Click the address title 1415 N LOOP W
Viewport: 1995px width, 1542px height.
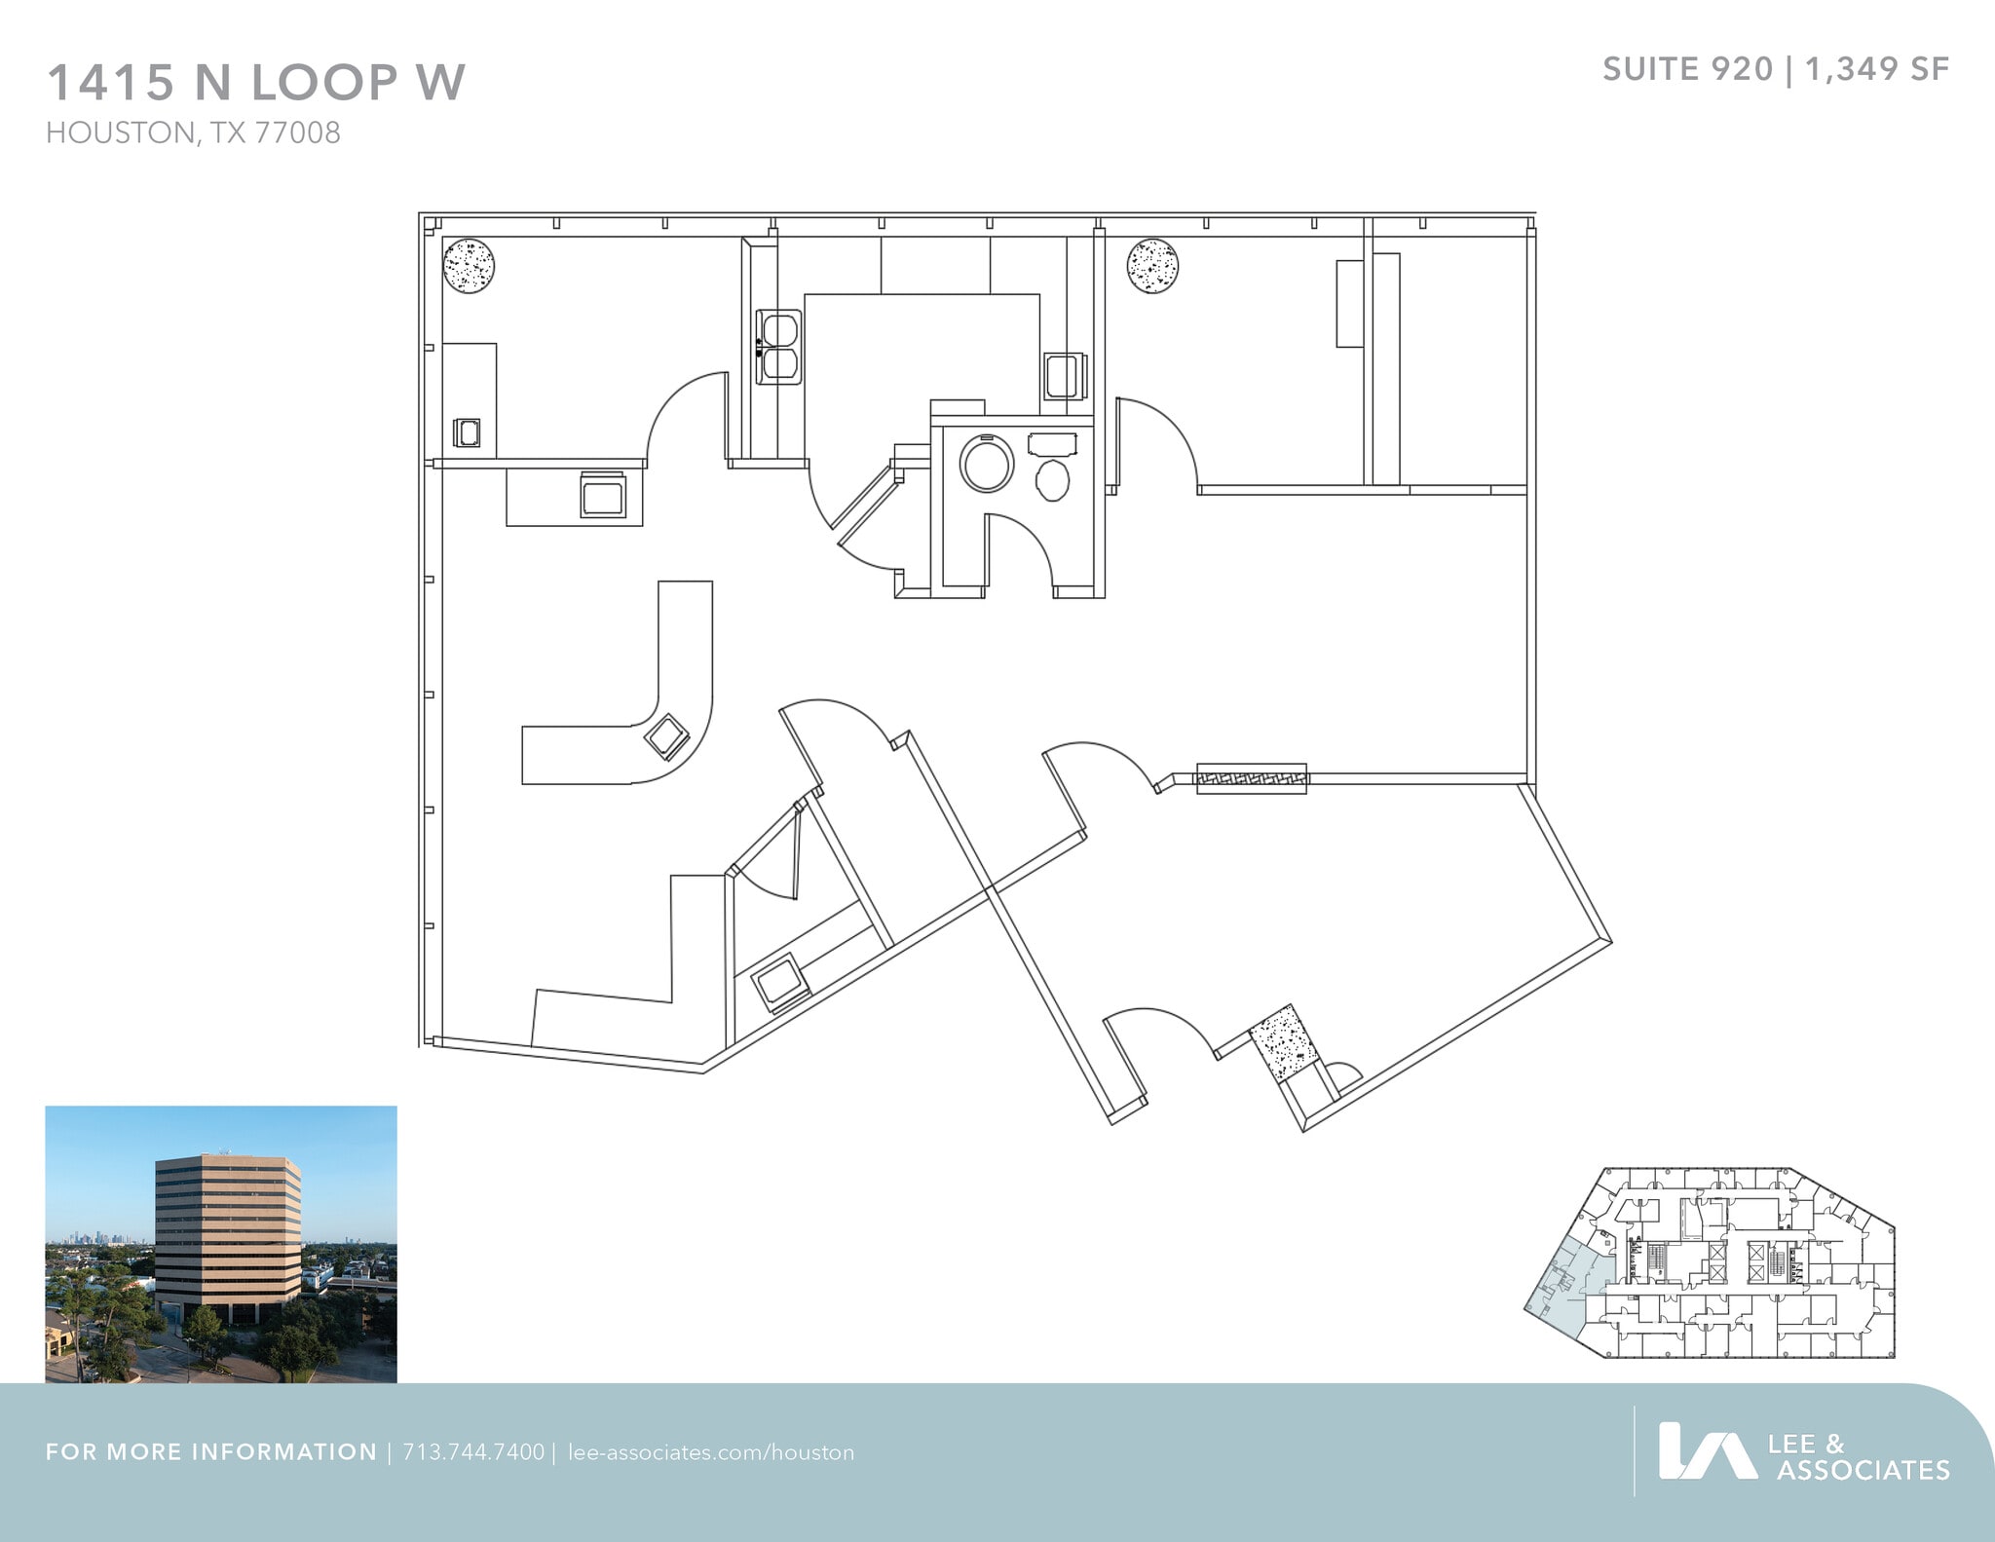pos(256,82)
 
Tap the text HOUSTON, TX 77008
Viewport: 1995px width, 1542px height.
pos(193,132)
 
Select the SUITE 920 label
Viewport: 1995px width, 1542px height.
pos(1687,69)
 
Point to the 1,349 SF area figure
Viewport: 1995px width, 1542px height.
pos(1877,69)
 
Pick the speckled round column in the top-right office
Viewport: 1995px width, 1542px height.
pos(1153,265)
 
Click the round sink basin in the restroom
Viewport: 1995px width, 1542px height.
pos(987,464)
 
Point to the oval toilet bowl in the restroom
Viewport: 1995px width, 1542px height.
pos(1052,480)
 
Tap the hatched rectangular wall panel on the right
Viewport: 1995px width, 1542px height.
pos(1251,778)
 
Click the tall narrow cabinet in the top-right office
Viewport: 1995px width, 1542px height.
pos(1349,303)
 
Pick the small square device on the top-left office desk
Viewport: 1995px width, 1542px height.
pos(467,433)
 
